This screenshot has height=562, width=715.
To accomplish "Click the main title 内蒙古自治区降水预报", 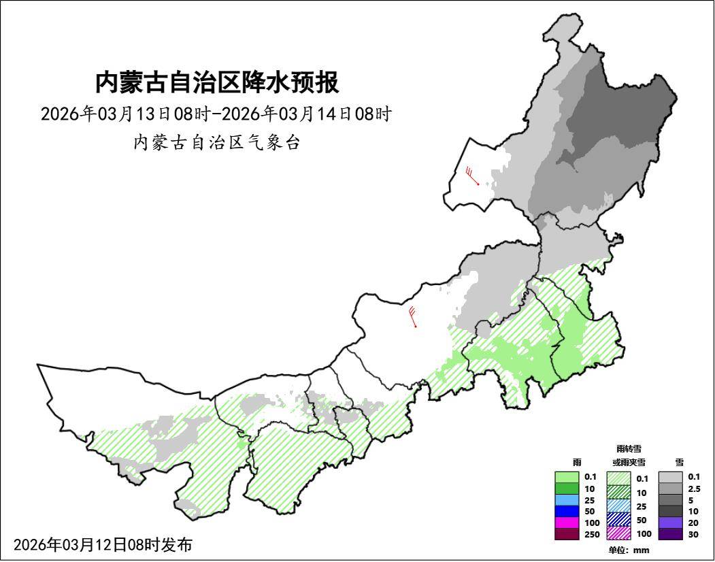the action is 217,83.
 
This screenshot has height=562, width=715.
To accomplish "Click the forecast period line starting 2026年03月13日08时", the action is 216,114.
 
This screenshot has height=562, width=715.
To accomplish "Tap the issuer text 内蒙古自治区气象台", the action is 216,143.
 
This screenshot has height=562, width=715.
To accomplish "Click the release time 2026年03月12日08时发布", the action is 103,545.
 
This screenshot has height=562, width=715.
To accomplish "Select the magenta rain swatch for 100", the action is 567,523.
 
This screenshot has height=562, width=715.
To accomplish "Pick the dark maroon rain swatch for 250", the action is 567,534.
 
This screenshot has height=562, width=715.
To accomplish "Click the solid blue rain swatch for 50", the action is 567,511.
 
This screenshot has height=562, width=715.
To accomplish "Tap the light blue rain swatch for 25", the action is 567,500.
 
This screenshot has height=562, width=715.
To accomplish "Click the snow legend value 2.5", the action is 694,489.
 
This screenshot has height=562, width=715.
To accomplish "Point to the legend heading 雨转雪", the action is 629,449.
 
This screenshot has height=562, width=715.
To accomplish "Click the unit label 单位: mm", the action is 629,550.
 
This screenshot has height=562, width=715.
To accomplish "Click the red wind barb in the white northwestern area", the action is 473,177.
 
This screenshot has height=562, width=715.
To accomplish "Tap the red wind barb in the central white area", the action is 413,317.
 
